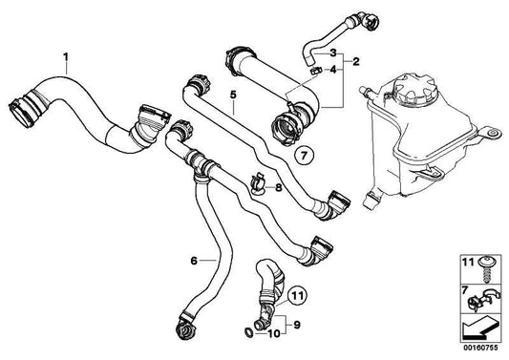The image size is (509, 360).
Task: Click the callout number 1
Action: (66, 57)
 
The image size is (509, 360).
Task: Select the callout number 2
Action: (356, 61)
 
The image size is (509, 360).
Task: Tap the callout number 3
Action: (333, 53)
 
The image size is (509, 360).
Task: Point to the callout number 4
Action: (333, 70)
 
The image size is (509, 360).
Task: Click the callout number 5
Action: (233, 95)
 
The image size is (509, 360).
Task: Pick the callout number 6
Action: (194, 261)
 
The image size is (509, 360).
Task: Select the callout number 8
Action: (279, 187)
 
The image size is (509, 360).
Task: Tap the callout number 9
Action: (297, 325)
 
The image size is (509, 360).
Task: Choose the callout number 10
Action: (274, 333)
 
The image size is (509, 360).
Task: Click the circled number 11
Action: (298, 296)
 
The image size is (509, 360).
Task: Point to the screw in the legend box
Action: (486, 269)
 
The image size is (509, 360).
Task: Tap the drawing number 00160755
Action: (480, 348)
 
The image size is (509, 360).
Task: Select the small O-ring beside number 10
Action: (248, 331)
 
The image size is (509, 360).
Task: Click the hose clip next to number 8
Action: (258, 183)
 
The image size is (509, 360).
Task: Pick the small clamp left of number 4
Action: (315, 71)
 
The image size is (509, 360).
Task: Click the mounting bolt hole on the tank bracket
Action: (494, 133)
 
